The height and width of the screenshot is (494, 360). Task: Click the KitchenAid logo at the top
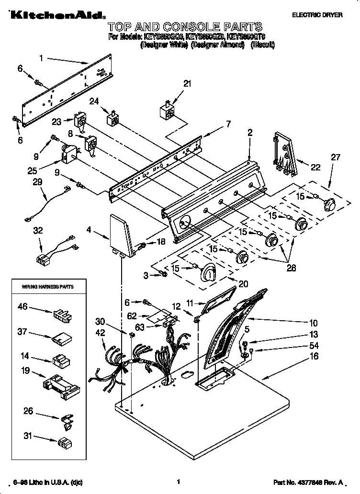click(55, 16)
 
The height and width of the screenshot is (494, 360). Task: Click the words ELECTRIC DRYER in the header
click(317, 15)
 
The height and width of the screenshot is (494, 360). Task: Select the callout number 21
click(187, 84)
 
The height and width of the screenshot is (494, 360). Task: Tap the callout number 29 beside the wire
click(37, 182)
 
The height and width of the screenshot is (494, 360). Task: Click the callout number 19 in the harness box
click(25, 370)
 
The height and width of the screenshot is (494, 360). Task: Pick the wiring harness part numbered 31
click(65, 441)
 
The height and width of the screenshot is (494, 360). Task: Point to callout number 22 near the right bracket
click(315, 167)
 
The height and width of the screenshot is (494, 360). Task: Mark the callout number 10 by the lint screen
click(313, 322)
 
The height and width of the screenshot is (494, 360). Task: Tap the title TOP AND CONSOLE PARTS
click(185, 26)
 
